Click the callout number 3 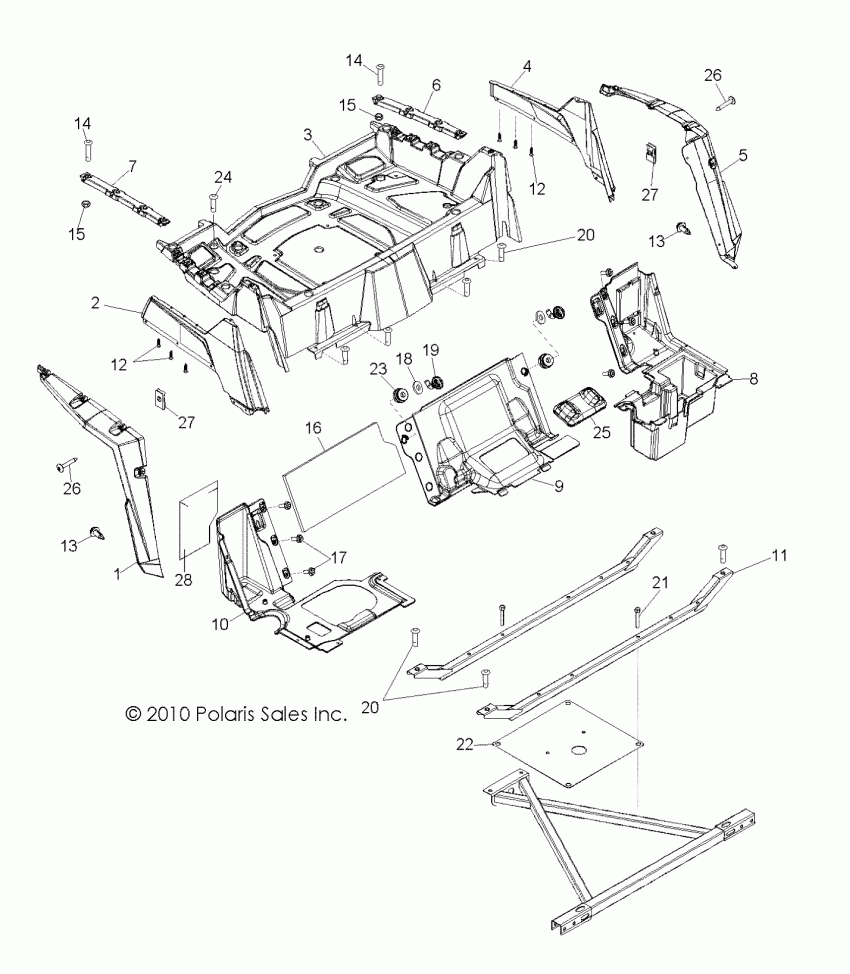click(x=307, y=134)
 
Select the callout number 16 click(x=313, y=427)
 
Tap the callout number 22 click(x=464, y=758)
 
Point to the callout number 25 click(x=602, y=432)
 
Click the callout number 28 click(x=183, y=580)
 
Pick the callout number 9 click(x=559, y=485)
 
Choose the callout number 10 click(x=220, y=623)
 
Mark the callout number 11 click(x=779, y=555)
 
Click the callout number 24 click(x=223, y=177)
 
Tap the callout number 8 click(x=753, y=378)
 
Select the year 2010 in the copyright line click(x=168, y=714)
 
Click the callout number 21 click(x=660, y=582)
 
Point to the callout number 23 click(x=378, y=369)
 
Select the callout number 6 click(x=436, y=85)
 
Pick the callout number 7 click(x=132, y=166)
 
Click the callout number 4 click(x=527, y=65)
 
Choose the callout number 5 click(x=743, y=155)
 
